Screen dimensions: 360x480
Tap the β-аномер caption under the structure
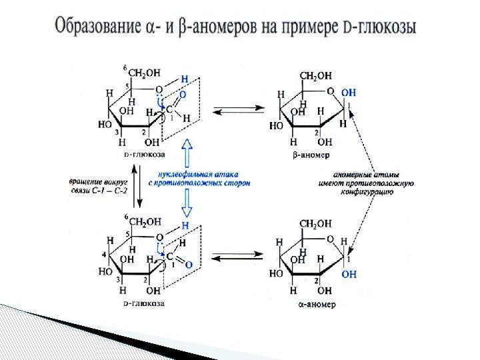311,154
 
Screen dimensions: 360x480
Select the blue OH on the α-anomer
348,273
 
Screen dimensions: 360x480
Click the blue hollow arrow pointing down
188,202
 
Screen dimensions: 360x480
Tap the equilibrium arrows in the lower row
233,257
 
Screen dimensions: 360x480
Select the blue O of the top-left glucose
183,95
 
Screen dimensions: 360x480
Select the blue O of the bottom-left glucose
189,265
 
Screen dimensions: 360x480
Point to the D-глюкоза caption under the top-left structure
145,154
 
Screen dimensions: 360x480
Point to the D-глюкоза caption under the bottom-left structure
145,304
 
